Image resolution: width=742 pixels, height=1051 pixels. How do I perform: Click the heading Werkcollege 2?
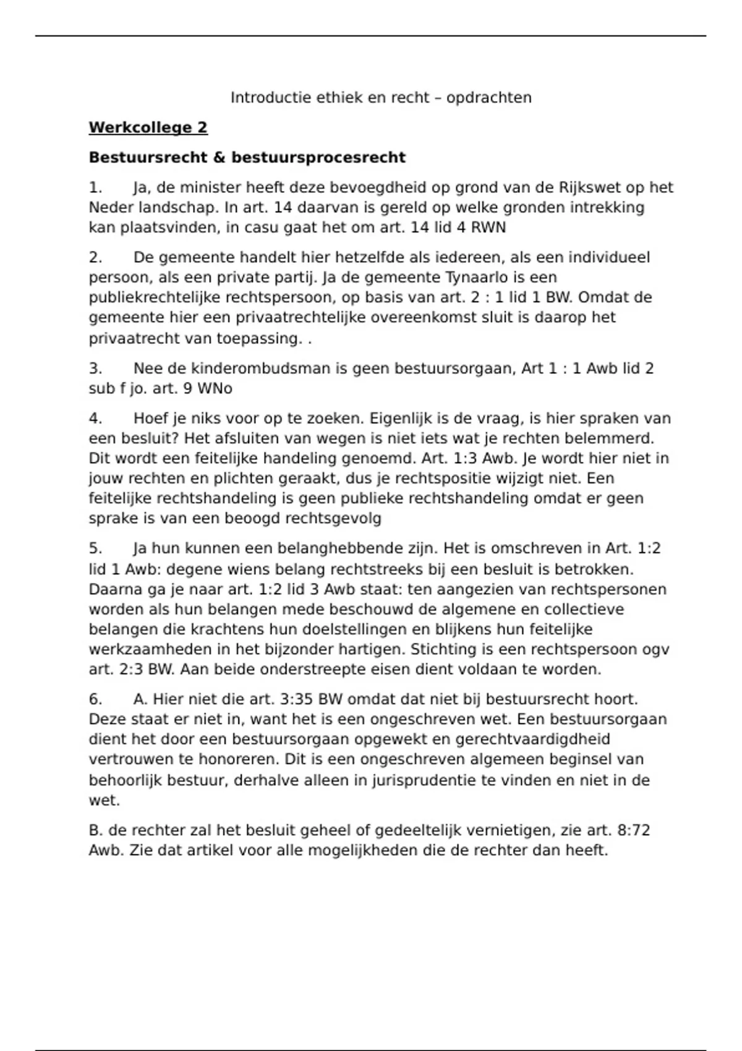148,128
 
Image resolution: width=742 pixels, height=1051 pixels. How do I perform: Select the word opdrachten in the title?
488,98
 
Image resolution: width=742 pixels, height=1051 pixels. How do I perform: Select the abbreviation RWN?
488,228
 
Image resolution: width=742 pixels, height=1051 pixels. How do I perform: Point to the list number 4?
95,419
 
